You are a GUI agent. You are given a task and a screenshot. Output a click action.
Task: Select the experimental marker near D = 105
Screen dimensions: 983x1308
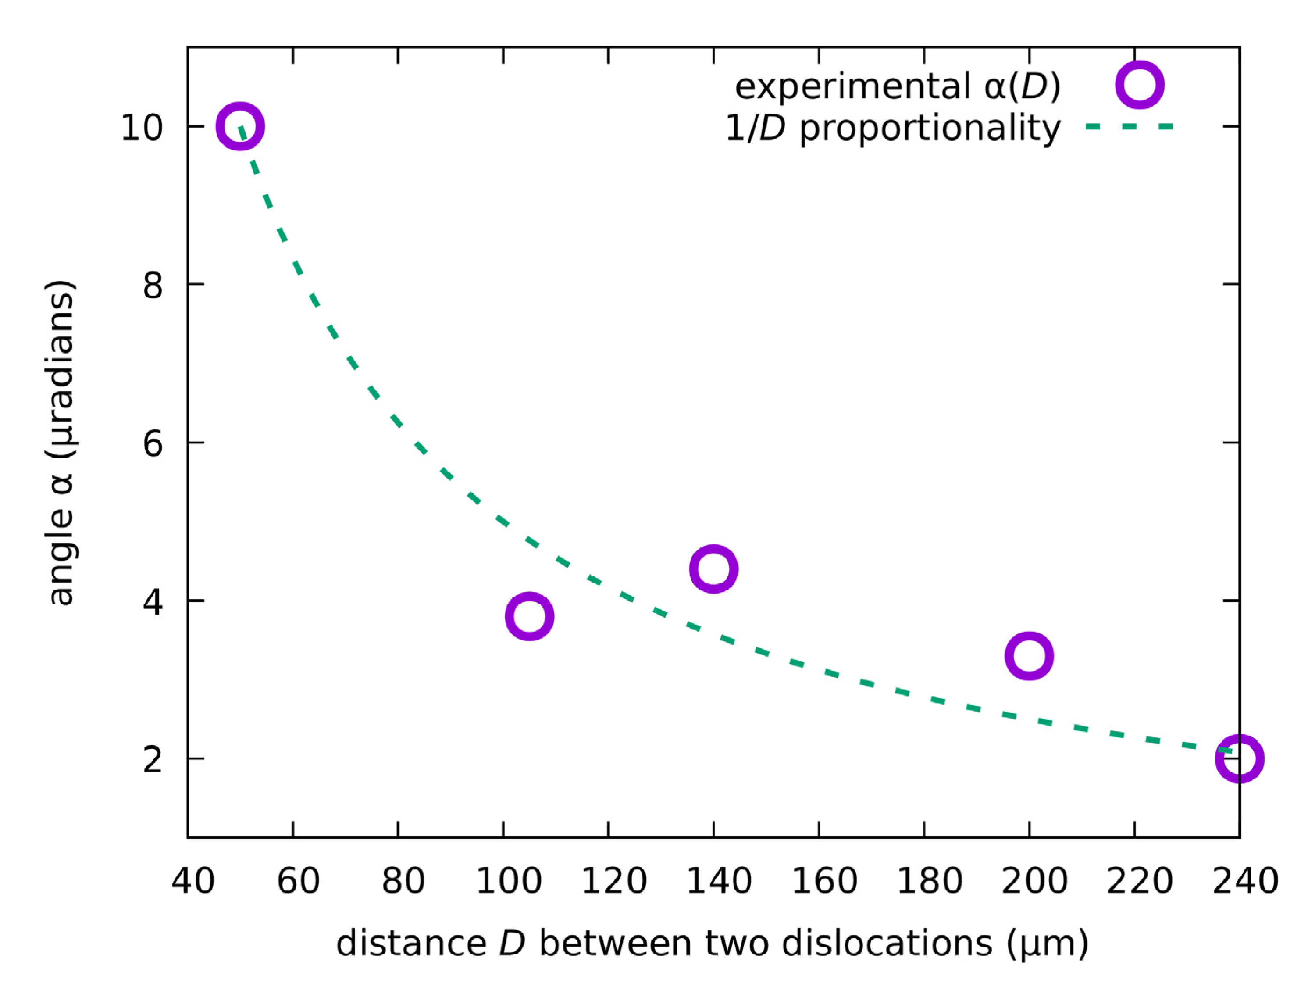tap(529, 616)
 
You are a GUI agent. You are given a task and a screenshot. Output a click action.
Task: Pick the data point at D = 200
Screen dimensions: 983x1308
tap(1029, 656)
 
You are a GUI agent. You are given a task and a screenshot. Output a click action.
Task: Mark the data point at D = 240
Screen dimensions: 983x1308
tap(1239, 758)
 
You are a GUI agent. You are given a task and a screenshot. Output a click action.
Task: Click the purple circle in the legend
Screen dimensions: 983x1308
tap(1140, 85)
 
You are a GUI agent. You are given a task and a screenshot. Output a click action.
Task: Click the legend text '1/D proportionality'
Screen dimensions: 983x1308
tap(892, 128)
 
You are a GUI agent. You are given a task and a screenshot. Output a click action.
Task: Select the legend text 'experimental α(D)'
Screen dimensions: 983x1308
tap(897, 87)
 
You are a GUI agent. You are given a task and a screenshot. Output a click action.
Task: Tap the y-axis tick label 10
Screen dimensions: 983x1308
tap(142, 127)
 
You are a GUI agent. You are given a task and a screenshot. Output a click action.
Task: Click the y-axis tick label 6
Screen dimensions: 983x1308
tap(153, 443)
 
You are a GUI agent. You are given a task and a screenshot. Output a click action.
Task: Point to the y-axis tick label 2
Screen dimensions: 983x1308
tap(153, 759)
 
